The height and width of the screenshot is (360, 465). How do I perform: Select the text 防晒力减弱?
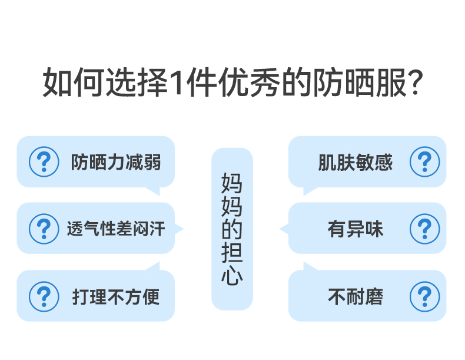coord(115,162)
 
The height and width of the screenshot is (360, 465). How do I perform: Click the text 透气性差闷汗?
coord(115,229)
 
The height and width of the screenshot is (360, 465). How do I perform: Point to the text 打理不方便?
coord(115,296)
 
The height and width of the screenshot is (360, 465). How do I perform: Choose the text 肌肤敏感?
coord(355,162)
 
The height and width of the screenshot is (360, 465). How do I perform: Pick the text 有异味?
coord(355,229)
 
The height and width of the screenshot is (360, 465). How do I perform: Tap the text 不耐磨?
coord(355,296)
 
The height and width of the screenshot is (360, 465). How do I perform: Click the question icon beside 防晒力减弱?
coord(44,162)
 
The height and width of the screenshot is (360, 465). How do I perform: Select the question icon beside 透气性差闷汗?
coord(44,229)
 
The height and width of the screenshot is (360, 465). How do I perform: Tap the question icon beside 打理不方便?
coord(44,296)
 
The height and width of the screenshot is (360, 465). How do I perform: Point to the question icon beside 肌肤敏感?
coord(424,162)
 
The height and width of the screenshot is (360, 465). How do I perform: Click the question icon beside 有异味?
coord(424,229)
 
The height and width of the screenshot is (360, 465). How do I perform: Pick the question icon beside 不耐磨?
coord(424,296)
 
